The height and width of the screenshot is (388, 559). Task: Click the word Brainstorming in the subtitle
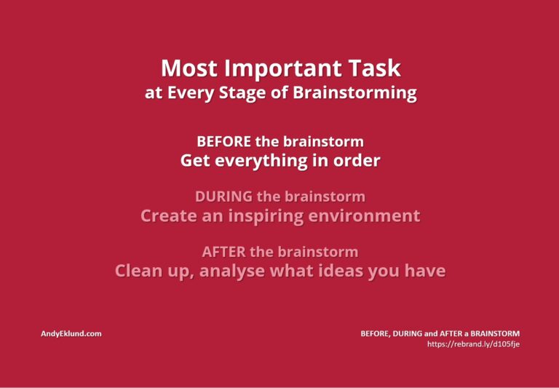pyautogui.click(x=354, y=93)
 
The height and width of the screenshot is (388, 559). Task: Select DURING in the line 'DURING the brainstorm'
pyautogui.click(x=223, y=197)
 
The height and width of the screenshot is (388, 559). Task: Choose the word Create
pyautogui.click(x=169, y=216)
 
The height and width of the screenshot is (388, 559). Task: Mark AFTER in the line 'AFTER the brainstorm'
pyautogui.click(x=224, y=252)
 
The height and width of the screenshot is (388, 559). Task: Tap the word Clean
pyautogui.click(x=138, y=271)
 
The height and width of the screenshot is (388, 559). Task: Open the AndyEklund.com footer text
pyautogui.click(x=71, y=334)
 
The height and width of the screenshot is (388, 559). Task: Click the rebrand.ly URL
pyautogui.click(x=473, y=344)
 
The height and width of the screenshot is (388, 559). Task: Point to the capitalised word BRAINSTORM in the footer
pyautogui.click(x=495, y=334)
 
